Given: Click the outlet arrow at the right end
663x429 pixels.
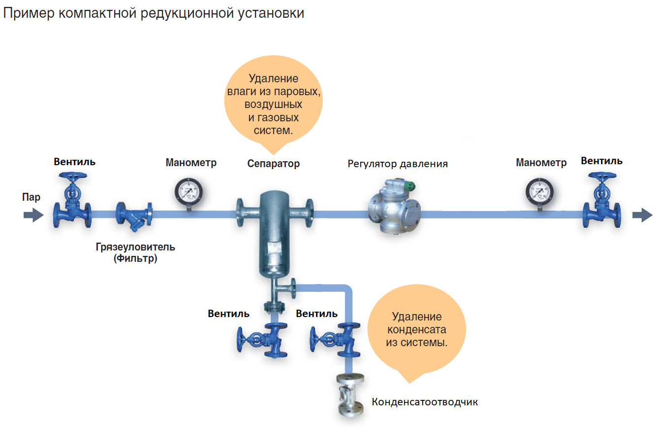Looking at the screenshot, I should (x=642, y=214).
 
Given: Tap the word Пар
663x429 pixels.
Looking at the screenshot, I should (x=31, y=197).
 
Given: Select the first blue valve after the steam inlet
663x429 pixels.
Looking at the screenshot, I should (x=72, y=202).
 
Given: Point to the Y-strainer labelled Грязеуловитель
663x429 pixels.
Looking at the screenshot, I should (x=134, y=215).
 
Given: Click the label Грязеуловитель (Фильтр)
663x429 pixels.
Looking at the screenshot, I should (x=135, y=252).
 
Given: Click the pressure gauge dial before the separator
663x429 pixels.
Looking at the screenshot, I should (x=189, y=191).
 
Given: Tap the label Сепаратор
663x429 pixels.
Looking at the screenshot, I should (x=273, y=164).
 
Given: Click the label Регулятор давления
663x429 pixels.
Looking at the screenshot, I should (x=398, y=164).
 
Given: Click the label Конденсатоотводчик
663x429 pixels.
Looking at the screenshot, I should (x=425, y=402).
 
